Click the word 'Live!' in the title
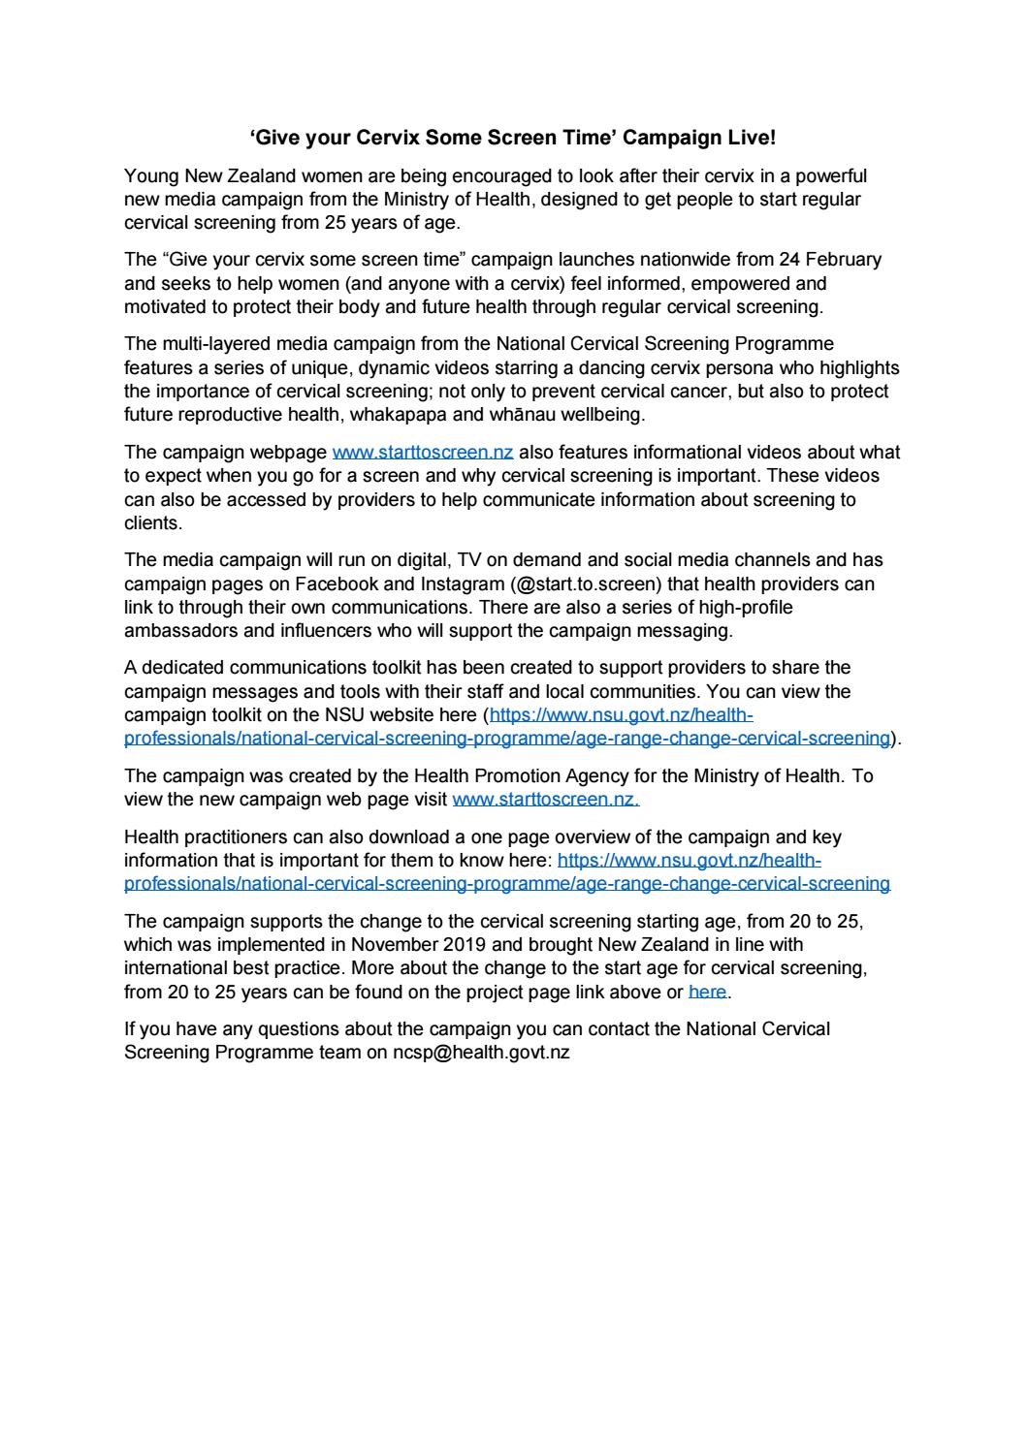[752, 139]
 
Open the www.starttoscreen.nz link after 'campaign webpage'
[422, 453]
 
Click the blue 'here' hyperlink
[707, 992]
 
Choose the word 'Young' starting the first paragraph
[148, 176]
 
